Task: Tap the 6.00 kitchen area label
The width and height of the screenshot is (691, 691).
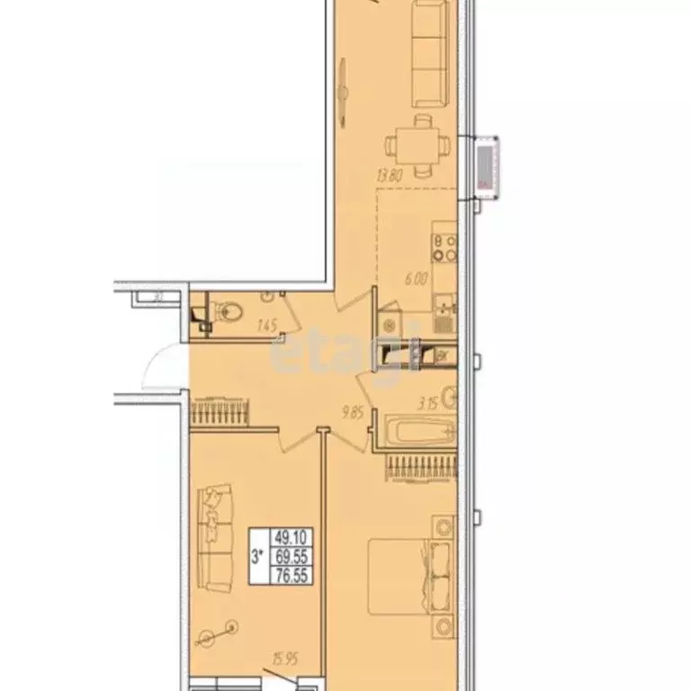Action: [x=415, y=279]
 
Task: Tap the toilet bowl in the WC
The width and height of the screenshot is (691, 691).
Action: [x=229, y=312]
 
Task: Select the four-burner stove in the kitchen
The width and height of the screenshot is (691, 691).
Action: [x=444, y=247]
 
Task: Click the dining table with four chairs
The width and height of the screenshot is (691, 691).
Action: [x=417, y=143]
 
